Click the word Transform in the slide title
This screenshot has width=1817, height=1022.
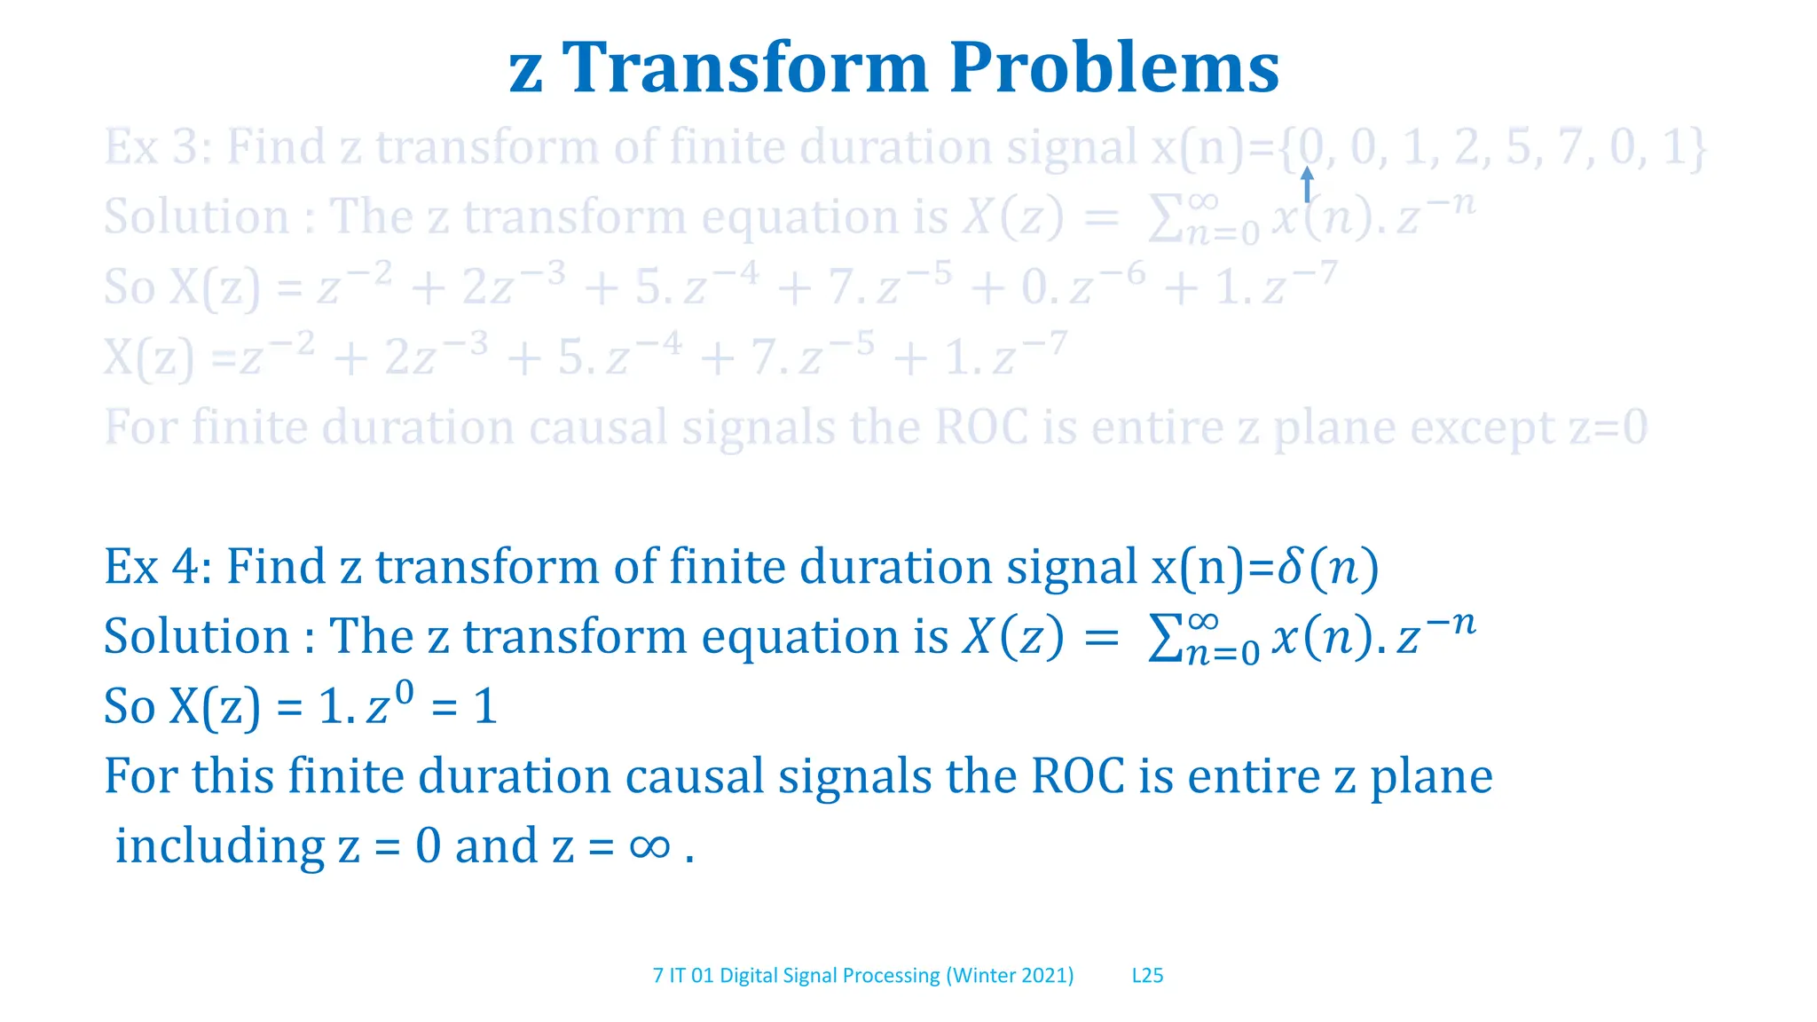click(746, 69)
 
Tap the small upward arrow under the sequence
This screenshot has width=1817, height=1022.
click(1306, 185)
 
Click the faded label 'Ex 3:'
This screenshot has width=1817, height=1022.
click(158, 147)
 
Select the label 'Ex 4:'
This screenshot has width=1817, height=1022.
click(158, 567)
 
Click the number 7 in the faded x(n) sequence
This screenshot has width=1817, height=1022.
click(1569, 147)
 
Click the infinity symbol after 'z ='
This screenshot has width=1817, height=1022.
click(649, 845)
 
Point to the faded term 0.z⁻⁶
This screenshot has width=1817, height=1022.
click(1082, 286)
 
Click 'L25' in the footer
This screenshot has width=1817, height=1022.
click(1147, 976)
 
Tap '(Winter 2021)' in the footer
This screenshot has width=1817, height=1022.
click(1010, 976)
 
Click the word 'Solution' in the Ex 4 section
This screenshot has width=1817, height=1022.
click(196, 637)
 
